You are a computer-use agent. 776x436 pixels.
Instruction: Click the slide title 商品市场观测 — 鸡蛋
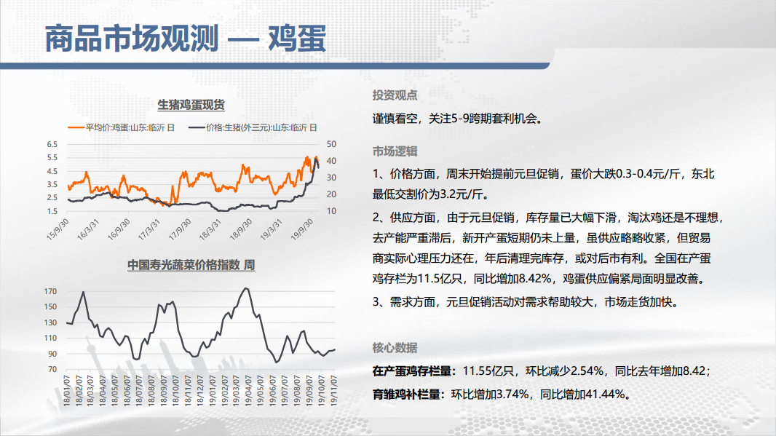click(x=186, y=39)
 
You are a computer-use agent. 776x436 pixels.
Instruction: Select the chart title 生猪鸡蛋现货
click(x=191, y=105)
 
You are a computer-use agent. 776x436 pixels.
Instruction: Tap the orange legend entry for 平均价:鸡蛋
click(x=122, y=127)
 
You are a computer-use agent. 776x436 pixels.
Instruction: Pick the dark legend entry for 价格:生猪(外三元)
click(x=253, y=127)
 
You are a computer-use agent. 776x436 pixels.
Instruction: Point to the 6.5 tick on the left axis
click(x=52, y=145)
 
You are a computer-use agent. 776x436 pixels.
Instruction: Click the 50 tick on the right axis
click(x=331, y=144)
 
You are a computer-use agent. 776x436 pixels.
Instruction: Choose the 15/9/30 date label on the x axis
click(x=58, y=229)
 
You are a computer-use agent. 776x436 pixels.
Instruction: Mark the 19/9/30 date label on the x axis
click(x=302, y=229)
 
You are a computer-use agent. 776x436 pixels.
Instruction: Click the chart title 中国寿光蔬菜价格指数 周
click(x=191, y=265)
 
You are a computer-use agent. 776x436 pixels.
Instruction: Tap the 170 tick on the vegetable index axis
click(x=50, y=291)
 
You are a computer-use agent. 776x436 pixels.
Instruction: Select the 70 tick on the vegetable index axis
click(x=52, y=369)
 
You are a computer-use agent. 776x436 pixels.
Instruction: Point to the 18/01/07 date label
click(x=67, y=390)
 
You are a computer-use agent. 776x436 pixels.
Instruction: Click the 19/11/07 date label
click(x=334, y=390)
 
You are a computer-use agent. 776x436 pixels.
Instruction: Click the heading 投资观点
click(x=395, y=95)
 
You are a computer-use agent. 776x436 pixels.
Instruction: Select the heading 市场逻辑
click(x=395, y=151)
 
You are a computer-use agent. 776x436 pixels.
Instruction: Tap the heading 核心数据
click(x=395, y=348)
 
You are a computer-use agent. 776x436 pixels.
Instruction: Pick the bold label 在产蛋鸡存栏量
click(x=412, y=370)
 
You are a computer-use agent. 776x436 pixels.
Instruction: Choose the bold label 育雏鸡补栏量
click(x=406, y=395)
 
